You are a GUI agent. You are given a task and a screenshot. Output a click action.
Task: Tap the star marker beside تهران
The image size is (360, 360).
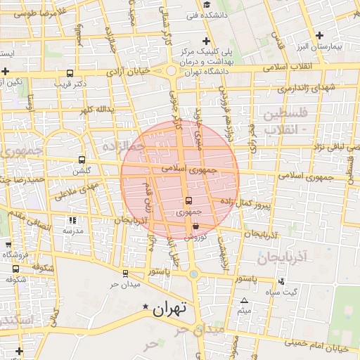pyautogui.click(x=146, y=307)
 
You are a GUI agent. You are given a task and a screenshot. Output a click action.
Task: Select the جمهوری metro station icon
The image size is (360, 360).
pyautogui.click(x=188, y=201)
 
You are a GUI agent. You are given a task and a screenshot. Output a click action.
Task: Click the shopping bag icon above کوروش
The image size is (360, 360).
pyautogui.click(x=195, y=226)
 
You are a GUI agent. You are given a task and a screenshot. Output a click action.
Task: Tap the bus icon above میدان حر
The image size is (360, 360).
pyautogui.click(x=126, y=274)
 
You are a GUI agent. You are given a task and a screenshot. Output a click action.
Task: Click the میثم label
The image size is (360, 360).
pyautogui.click(x=243, y=310)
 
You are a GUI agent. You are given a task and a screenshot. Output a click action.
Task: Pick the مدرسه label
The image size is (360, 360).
pyautogui.click(x=73, y=231)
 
